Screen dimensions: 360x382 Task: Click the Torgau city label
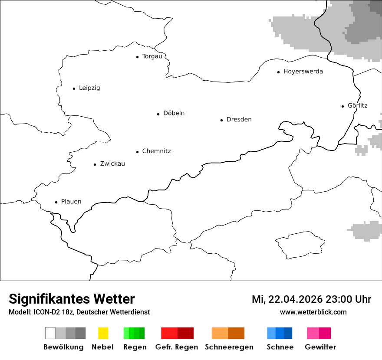[x=152, y=56]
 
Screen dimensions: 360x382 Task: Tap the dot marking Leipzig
[x=74, y=88]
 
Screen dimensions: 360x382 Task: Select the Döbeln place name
[x=174, y=113]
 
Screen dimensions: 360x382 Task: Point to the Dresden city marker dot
[x=221, y=120]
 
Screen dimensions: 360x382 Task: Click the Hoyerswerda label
[x=303, y=72]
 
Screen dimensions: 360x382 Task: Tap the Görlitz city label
[x=357, y=105]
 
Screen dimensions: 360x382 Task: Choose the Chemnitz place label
[x=156, y=151]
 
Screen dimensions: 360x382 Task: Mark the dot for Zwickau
[x=95, y=164]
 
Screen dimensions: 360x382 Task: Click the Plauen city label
[x=71, y=202]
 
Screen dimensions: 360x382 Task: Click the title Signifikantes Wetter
[x=72, y=299]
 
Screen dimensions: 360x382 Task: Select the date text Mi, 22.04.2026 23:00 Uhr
[x=311, y=300]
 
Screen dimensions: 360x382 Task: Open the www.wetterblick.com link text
[x=313, y=312]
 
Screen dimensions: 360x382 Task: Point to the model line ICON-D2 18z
[x=79, y=312]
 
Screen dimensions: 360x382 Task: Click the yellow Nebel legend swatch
[x=103, y=333]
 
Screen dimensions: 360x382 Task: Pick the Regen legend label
[x=135, y=347]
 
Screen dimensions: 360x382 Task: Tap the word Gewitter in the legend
[x=320, y=347]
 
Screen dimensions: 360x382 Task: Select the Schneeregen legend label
[x=229, y=347]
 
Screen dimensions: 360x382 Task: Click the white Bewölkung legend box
[x=50, y=333]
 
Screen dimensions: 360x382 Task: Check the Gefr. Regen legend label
[x=176, y=347]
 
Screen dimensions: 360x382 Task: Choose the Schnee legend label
[x=280, y=347]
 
